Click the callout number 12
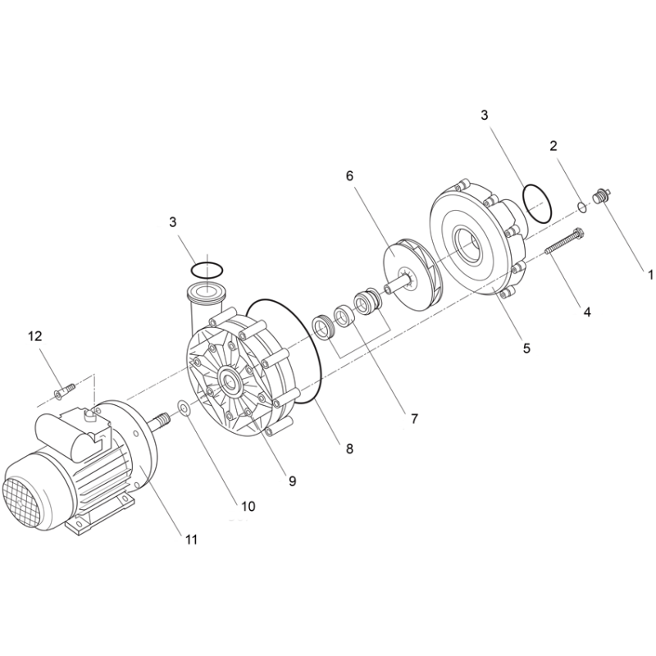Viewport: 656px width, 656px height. tap(35, 336)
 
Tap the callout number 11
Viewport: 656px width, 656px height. tap(191, 540)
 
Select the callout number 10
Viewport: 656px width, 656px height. tap(248, 506)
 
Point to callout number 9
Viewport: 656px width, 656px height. tap(293, 481)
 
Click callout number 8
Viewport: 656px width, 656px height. tap(349, 449)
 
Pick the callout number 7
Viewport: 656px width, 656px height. tap(414, 418)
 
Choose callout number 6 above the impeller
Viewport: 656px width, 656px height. tap(349, 176)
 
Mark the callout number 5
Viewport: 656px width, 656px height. tap(526, 348)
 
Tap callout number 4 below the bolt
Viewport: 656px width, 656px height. tap(587, 312)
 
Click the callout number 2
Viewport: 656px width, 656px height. tap(553, 146)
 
